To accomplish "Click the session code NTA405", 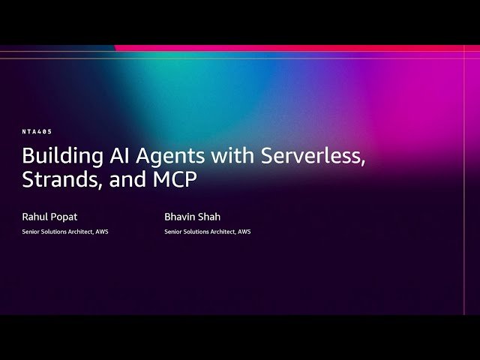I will click(x=37, y=131).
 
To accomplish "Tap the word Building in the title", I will click(x=58, y=157).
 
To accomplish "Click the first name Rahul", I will click(x=35, y=217).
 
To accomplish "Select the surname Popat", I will click(x=64, y=217).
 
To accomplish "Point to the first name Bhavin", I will click(x=180, y=217).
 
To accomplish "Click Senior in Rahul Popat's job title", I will click(x=30, y=232).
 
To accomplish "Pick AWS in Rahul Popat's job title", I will click(x=102, y=232).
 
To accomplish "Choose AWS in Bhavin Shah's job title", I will click(x=244, y=232).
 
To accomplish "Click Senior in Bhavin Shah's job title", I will click(x=172, y=232).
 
